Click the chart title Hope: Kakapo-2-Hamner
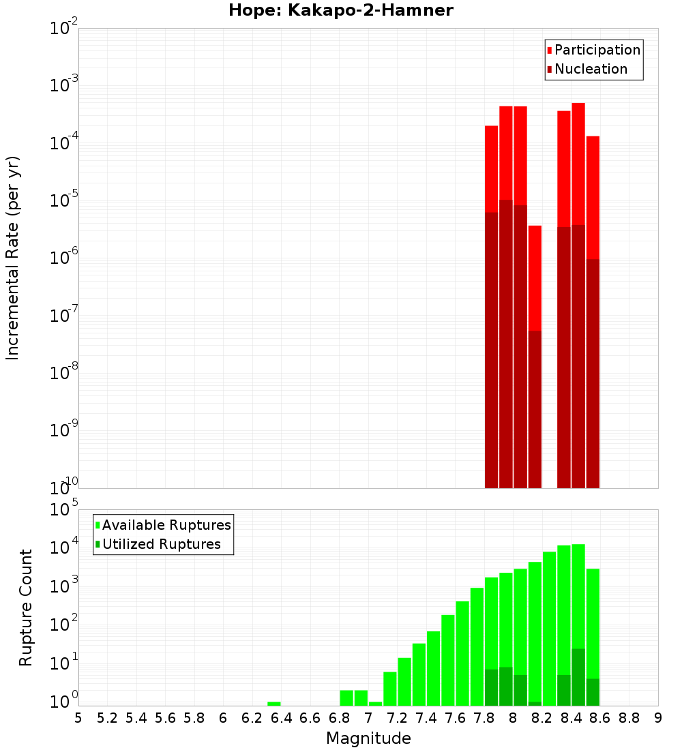(x=340, y=10)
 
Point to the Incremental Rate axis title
(x=13, y=258)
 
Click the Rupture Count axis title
(x=26, y=607)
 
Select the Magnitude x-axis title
(x=368, y=738)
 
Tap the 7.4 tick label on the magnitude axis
(x=426, y=718)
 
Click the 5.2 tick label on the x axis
(x=107, y=718)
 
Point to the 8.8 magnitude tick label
(x=629, y=718)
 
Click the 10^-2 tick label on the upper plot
(x=63, y=29)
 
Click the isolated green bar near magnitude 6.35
(x=273, y=704)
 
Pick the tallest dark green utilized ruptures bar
(x=578, y=676)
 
